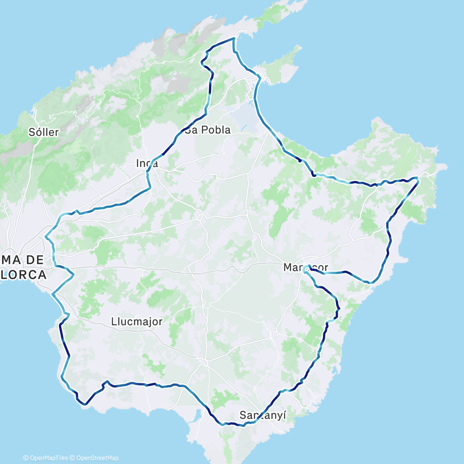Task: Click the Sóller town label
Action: pos(44,132)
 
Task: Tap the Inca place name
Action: pos(147,163)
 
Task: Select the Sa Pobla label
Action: pos(207,130)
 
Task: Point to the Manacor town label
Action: pos(305,268)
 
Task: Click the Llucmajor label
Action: pos(137,321)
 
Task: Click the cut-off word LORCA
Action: pos(23,275)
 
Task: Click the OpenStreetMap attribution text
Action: pos(95,458)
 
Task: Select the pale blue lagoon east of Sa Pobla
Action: pos(244,122)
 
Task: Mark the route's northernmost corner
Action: pos(234,39)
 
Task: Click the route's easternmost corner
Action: pos(418,178)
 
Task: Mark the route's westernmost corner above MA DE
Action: pos(46,238)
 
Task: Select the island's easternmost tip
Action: pos(446,166)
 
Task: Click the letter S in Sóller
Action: pos(32,132)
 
